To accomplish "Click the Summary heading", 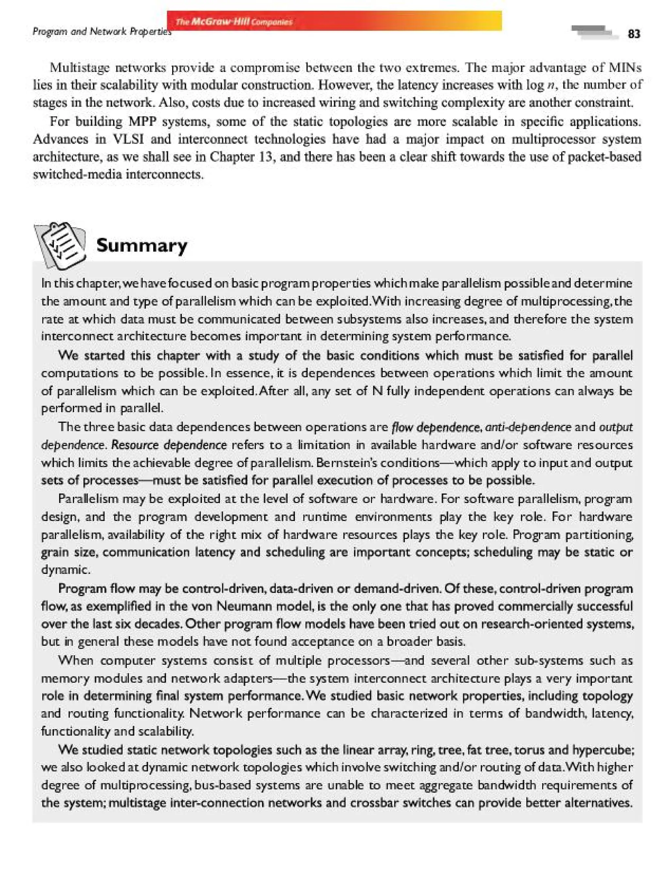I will click(142, 245).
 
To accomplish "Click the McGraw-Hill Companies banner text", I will click(234, 22).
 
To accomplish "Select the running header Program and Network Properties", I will click(102, 31).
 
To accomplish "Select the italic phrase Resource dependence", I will click(169, 445).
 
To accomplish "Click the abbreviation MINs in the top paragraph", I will click(625, 68).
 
